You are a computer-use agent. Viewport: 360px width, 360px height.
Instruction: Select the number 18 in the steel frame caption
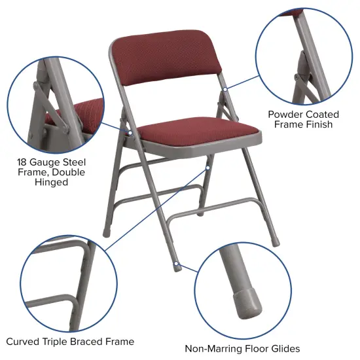(23, 162)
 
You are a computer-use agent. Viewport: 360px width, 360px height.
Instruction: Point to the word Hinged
(51, 183)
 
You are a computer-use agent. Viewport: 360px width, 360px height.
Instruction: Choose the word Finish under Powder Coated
(317, 124)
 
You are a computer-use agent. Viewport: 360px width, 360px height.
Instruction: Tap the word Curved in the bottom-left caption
(24, 341)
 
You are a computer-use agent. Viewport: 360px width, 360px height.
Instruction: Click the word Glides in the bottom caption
(284, 349)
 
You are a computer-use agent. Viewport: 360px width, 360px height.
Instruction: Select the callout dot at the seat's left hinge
(130, 132)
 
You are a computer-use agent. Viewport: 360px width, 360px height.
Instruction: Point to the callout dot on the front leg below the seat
(207, 168)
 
